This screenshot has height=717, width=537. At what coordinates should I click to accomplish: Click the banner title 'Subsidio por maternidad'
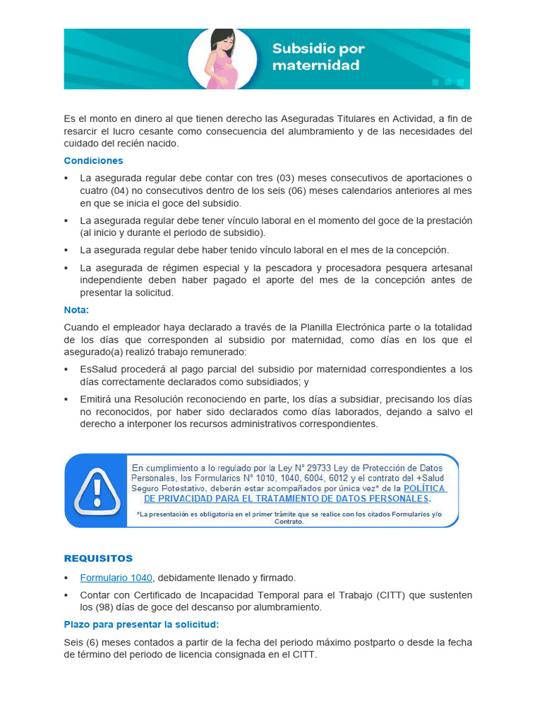click(318, 57)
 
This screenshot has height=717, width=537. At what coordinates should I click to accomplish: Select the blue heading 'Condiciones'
click(94, 161)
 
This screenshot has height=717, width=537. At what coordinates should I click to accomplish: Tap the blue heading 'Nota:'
click(77, 309)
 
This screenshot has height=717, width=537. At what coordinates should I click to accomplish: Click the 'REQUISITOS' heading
click(99, 559)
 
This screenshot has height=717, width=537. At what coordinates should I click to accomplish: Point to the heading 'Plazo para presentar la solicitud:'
click(142, 624)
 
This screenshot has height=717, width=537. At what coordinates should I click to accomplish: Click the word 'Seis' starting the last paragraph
click(73, 642)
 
